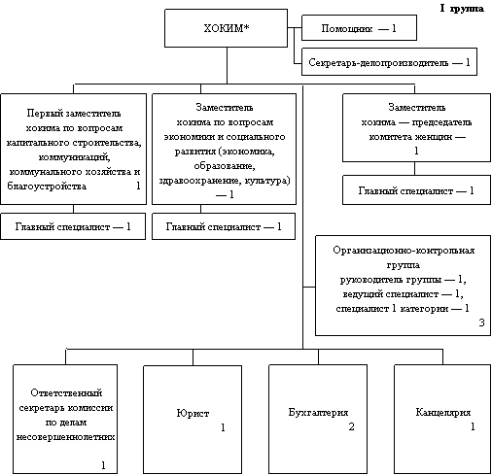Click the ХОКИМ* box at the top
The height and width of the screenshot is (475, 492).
[x=226, y=28]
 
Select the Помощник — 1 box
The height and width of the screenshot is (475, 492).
[x=359, y=27]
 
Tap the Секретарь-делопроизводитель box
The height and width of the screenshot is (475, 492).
[x=389, y=62]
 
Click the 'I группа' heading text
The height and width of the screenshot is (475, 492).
[x=462, y=9]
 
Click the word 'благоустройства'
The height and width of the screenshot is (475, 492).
[x=47, y=187]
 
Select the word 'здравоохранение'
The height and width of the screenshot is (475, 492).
[x=199, y=181]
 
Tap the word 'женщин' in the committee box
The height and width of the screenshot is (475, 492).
[x=433, y=137]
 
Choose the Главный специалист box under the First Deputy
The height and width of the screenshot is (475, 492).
[x=73, y=226]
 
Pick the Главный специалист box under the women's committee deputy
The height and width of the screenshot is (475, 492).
[x=416, y=190]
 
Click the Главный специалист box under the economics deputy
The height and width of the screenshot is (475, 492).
[x=224, y=226]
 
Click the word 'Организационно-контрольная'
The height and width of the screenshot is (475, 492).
[x=404, y=251]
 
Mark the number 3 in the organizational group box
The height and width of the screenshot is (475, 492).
[x=481, y=322]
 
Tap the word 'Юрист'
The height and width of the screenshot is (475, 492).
[x=193, y=413]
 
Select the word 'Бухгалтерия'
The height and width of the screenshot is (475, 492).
[x=318, y=413]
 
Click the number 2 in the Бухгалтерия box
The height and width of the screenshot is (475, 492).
[x=351, y=426]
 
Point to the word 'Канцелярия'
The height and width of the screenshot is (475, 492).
[x=442, y=413]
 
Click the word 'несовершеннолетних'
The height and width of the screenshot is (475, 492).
[x=65, y=437]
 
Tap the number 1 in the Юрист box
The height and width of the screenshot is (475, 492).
[x=223, y=427]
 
